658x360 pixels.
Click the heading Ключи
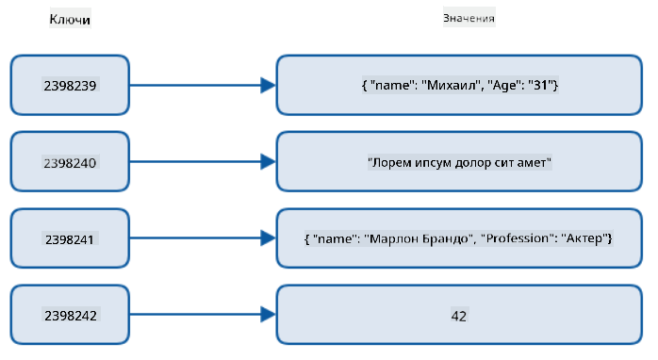tap(70, 19)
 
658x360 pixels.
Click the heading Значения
tap(469, 18)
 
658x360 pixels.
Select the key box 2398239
tap(70, 85)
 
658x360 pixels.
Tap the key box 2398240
tap(70, 162)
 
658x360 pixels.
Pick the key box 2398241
tap(70, 238)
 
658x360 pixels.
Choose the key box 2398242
tap(70, 315)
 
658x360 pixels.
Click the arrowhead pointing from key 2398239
tap(268, 85)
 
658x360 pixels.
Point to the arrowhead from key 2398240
tap(268, 162)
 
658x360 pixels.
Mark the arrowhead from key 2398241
tap(268, 238)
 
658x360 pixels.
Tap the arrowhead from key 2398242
tap(268, 315)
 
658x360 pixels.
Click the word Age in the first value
tap(504, 86)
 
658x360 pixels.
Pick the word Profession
tap(517, 238)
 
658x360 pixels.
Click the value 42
tap(459, 316)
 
